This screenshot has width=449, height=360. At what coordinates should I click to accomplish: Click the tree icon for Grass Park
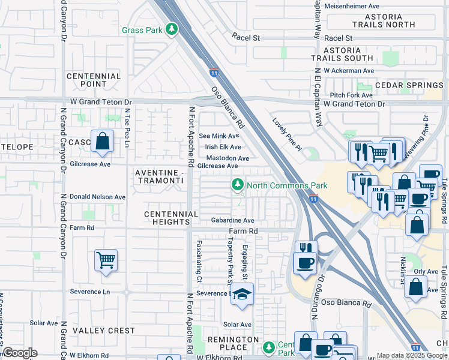[x=172, y=29]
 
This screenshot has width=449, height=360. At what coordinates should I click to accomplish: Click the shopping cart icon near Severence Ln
[x=106, y=260]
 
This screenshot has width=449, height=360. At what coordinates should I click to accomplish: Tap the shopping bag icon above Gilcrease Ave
[x=103, y=142]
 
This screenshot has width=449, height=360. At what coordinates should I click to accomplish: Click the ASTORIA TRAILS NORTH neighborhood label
[x=383, y=20]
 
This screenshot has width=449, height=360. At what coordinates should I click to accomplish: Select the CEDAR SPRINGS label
[x=409, y=85]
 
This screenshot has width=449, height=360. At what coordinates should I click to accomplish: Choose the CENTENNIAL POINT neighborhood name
[x=94, y=80]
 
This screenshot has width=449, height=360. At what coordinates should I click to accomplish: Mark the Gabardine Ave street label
[x=233, y=220]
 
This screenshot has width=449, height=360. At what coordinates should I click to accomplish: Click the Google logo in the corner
[x=20, y=353]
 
